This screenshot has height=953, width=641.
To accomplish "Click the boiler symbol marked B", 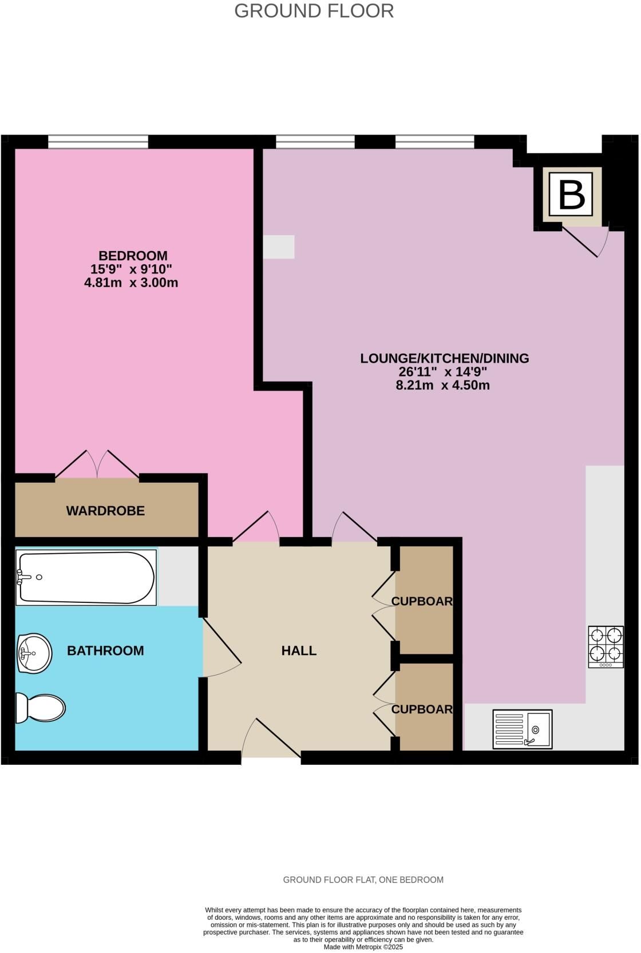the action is pos(571,194).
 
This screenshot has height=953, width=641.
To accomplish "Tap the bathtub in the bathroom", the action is pos(86,577).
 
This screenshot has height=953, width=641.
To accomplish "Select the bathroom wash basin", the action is pos(34,653).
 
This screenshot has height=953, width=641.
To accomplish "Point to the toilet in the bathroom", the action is pos(41,709).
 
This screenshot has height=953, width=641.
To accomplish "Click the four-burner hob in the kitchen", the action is pos(606,646).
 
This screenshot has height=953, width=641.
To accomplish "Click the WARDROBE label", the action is pos(105,510).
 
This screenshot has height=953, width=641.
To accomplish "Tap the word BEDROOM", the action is pos(133,256).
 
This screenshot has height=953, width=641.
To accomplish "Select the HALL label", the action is pos(299,650).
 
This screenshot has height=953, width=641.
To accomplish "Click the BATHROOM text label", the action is pos(105,650).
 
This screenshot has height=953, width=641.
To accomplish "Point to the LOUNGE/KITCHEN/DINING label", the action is pos(445,358).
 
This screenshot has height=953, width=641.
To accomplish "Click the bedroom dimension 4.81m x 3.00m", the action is pos(131,283).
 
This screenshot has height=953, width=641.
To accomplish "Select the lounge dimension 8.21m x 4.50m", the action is pos(442,386).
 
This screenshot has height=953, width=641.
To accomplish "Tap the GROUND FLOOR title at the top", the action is pos(314,11).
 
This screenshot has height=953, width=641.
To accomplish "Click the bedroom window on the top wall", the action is pos(98,142).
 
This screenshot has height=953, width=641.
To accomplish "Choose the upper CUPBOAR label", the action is pos(422,601).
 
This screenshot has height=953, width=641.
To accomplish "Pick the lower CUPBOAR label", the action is pos(422,709).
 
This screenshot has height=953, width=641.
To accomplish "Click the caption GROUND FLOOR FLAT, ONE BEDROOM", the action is pos(363,880).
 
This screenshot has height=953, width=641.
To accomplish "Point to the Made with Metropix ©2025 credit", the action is pos(363,947).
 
